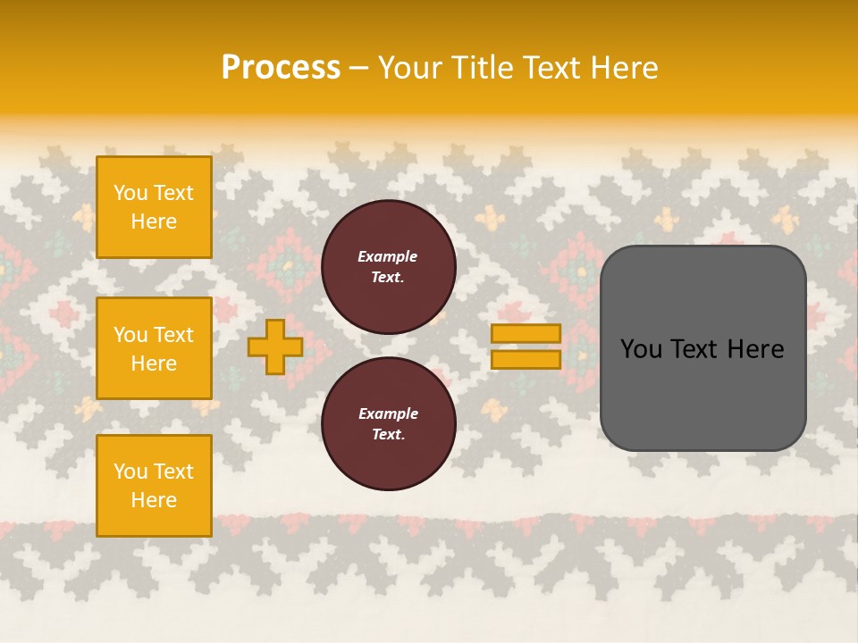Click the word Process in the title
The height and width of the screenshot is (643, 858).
click(x=281, y=68)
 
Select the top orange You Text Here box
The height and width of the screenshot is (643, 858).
click(x=154, y=207)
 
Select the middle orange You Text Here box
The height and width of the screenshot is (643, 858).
click(x=154, y=348)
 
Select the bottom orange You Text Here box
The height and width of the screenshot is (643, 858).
click(x=154, y=485)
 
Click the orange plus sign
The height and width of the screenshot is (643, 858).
click(x=275, y=347)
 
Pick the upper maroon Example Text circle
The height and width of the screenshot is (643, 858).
click(x=388, y=267)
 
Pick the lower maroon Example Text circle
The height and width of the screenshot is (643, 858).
click(x=388, y=424)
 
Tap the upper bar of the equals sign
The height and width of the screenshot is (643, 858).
click(x=526, y=334)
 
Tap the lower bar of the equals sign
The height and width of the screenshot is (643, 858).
click(x=526, y=360)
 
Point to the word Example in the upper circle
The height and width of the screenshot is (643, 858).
click(x=388, y=256)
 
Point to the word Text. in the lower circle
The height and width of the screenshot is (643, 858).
click(x=388, y=435)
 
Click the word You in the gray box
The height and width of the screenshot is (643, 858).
click(x=642, y=349)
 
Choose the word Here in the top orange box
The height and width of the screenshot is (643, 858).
click(x=154, y=221)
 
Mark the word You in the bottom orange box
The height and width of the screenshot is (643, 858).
click(x=130, y=472)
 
